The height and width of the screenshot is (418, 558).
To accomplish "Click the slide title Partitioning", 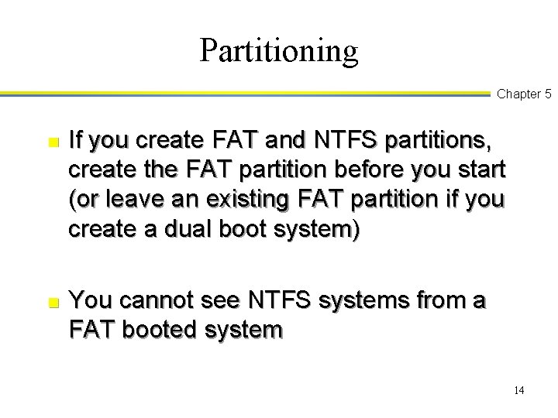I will click(x=279, y=50).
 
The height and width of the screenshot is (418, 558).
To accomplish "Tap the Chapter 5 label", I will click(x=524, y=94).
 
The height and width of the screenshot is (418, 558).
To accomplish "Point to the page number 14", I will click(x=518, y=390).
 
